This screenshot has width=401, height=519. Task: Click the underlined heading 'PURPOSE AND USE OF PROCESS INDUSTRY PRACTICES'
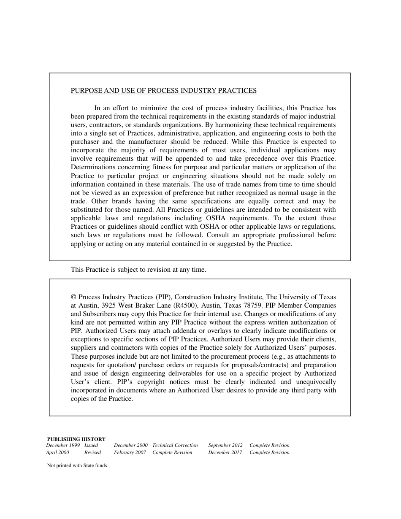click(163, 91)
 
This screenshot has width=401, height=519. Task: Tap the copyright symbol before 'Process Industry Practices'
click(73, 297)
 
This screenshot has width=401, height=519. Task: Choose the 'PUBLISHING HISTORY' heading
click(76, 439)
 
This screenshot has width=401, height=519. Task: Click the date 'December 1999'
click(63, 446)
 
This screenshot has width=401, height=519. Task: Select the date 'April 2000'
click(57, 453)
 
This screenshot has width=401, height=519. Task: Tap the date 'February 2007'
click(130, 453)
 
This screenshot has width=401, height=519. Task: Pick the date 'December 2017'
click(225, 453)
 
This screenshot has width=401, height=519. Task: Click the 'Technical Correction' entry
click(175, 446)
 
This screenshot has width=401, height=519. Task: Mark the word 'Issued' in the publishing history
click(91, 446)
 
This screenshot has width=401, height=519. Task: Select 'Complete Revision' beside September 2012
click(269, 446)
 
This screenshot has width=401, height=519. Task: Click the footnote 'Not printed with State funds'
click(77, 466)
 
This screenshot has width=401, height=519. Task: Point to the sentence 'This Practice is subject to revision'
click(138, 270)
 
